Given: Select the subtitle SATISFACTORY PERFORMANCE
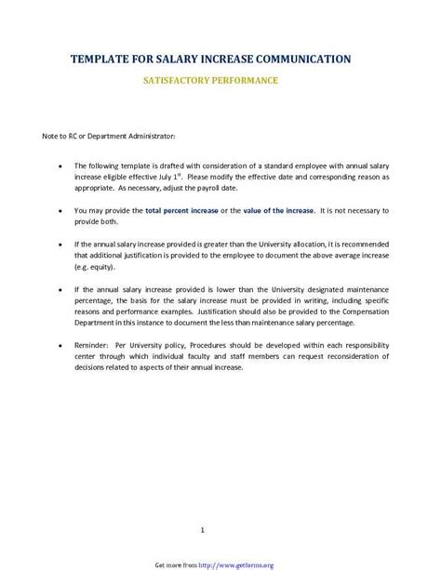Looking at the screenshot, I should click(209, 81).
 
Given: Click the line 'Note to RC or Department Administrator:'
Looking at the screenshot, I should click(109, 137).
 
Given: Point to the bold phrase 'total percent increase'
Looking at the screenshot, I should click(181, 211).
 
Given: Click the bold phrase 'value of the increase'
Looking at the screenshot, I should click(278, 211).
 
